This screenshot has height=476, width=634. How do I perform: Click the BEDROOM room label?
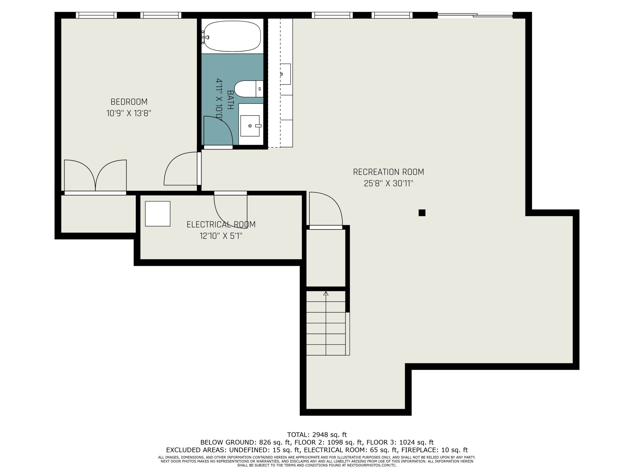[129, 102]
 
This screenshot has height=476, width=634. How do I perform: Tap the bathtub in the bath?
[233, 36]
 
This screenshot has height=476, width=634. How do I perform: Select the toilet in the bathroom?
[248, 89]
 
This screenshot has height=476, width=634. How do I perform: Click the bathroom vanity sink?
[250, 126]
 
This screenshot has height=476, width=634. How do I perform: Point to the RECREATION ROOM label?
[388, 172]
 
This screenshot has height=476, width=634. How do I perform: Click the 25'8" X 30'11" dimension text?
[388, 183]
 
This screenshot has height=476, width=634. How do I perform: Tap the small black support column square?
[422, 213]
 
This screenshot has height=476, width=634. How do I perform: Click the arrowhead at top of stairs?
[326, 293]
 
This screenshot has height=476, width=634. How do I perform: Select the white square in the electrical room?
[158, 214]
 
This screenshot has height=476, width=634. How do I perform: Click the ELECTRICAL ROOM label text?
[221, 224]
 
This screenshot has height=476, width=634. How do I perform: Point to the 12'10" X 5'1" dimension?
[221, 236]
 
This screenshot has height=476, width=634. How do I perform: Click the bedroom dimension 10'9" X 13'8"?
[129, 113]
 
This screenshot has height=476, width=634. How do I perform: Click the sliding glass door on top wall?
[475, 15]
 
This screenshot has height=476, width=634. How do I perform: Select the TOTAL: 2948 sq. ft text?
[317, 435]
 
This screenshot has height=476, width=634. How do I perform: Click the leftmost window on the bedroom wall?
[96, 15]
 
